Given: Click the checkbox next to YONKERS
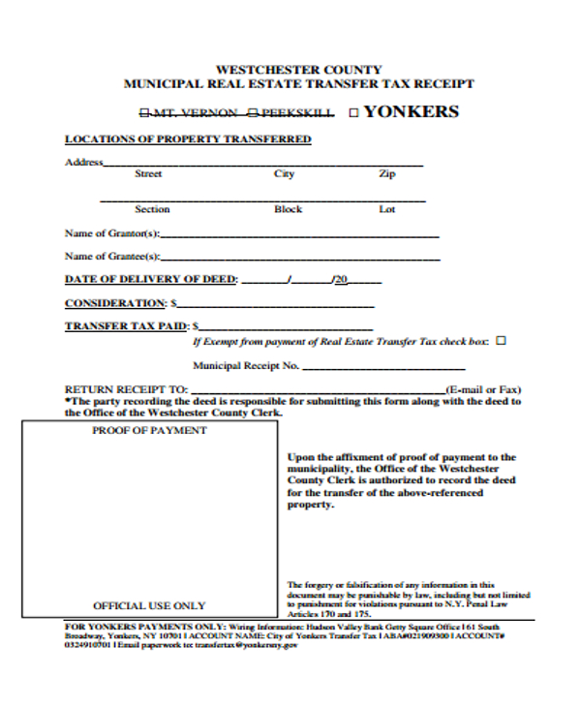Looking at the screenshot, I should tap(353, 112).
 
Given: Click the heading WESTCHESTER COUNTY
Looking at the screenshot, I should tap(298, 70).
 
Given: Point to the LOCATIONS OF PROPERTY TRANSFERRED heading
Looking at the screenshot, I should tap(188, 139).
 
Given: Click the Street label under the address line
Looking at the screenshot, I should tap(148, 174).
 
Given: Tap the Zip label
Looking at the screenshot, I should tap(387, 174).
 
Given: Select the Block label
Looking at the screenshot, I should tap(288, 209).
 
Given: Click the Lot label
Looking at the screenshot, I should tap(387, 209).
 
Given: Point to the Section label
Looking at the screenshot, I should tap(152, 209).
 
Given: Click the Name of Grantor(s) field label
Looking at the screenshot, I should tap(112, 233).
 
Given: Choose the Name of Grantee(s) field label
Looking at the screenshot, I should tap(112, 257).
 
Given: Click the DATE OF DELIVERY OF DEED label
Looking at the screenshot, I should tap(150, 280).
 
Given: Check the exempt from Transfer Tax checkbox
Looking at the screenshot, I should tap(501, 341).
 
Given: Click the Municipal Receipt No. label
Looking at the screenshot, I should tap(246, 366).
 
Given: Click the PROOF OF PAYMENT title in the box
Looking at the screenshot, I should tap(149, 430).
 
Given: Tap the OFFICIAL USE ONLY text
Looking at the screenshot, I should tap(149, 605).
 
